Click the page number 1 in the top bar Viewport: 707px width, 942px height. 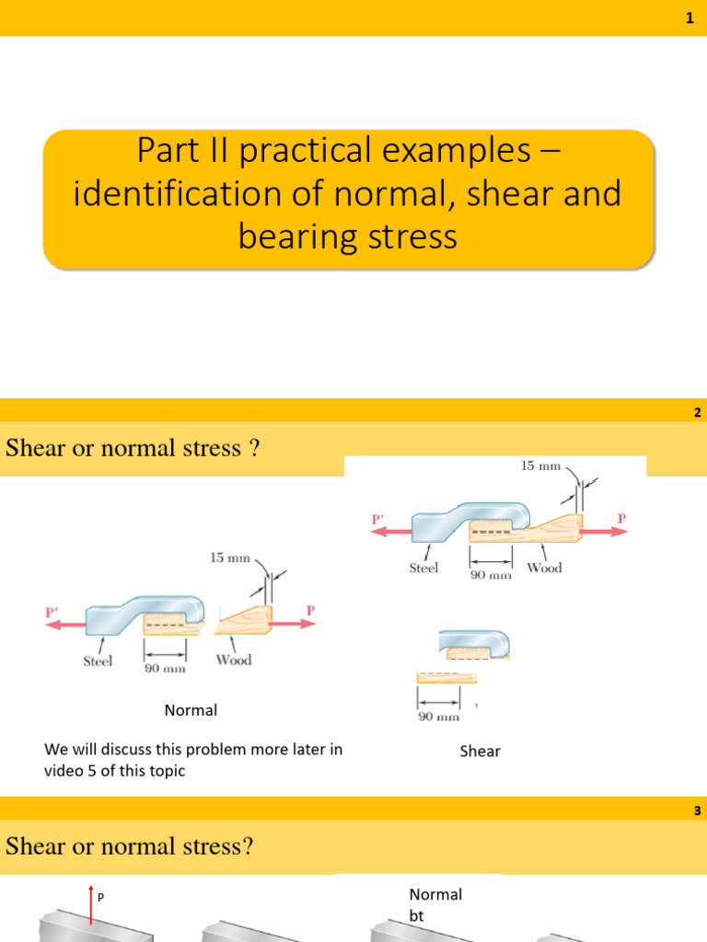[689, 18]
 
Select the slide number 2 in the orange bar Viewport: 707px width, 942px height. [698, 413]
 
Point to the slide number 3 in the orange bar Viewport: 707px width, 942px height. [698, 810]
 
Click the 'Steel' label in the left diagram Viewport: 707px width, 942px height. [98, 661]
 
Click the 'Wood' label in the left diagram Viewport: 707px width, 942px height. [234, 660]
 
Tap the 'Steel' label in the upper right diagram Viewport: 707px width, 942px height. [423, 568]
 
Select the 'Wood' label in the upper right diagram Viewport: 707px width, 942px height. [544, 568]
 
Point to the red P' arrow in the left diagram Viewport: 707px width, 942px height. [64, 624]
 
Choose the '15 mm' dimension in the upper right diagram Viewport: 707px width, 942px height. [541, 465]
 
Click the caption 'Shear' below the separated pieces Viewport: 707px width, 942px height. [480, 752]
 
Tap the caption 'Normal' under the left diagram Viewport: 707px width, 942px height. [191, 710]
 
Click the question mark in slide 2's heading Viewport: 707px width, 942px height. [254, 448]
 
